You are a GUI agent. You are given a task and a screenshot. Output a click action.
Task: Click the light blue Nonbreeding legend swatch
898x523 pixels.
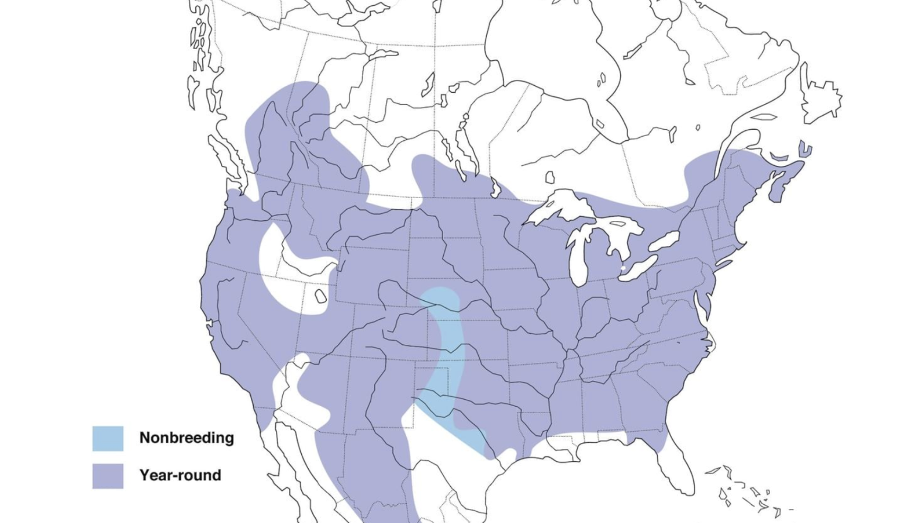108,438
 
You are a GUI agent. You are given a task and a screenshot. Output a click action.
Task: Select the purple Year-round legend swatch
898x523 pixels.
108,476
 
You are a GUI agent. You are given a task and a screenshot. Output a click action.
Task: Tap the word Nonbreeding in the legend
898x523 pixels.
186,438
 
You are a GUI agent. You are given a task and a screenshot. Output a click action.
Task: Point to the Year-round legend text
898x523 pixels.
180,475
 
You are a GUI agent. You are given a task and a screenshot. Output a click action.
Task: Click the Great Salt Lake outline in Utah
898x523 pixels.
320,296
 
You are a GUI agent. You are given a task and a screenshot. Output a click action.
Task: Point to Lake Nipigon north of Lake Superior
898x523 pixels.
550,177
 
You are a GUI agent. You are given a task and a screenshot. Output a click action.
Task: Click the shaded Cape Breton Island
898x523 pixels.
805,149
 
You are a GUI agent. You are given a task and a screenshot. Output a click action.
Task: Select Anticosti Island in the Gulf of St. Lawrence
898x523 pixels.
764,117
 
